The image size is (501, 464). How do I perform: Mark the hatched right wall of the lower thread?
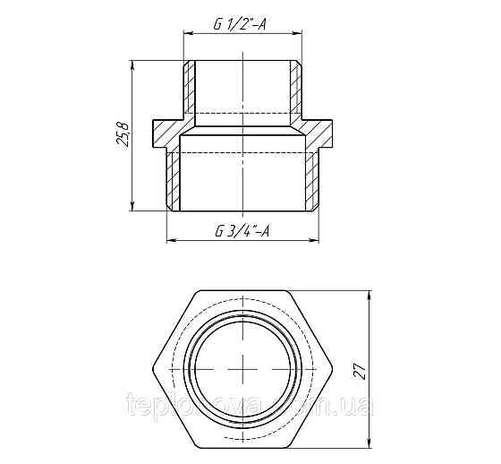(x=314, y=179)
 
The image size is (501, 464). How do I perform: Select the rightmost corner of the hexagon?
(x=335, y=370)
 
